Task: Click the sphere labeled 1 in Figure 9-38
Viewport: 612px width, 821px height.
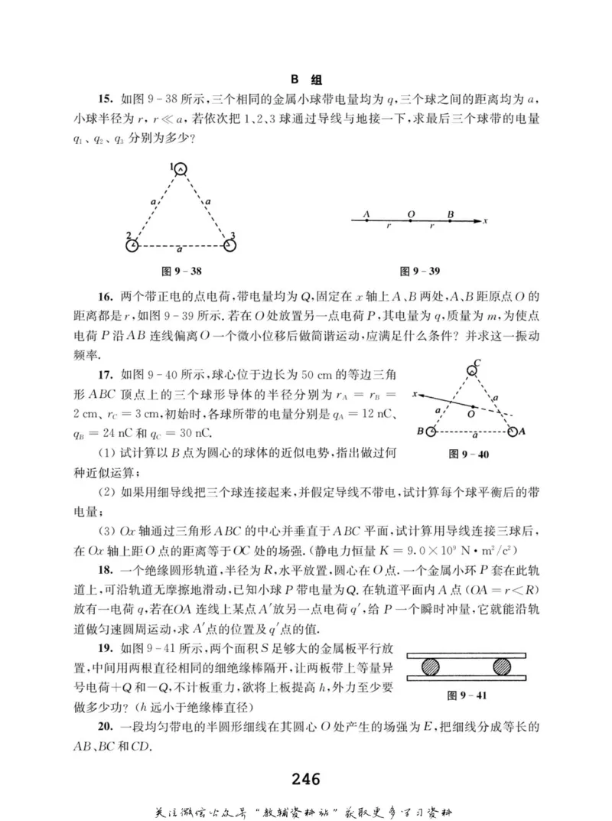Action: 181,169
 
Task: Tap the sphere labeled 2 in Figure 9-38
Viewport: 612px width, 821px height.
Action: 133,246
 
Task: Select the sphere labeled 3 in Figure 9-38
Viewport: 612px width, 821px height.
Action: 229,246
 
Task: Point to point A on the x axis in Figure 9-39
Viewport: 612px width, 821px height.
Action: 367,221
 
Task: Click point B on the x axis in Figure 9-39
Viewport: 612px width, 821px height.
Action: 451,221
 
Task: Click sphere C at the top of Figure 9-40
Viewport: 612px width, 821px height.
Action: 472,370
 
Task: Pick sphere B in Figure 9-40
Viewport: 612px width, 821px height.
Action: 431,432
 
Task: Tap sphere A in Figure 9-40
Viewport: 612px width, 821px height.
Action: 513,432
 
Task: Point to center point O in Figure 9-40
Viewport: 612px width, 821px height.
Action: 472,406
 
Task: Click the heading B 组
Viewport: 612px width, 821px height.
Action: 306,80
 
